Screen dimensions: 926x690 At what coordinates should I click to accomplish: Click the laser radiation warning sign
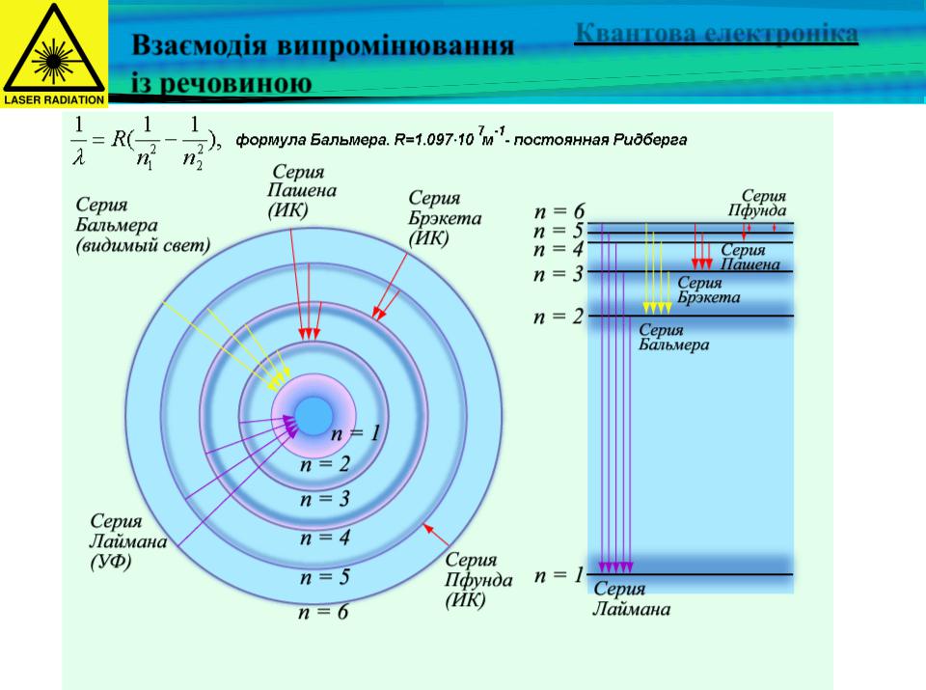coord(54,54)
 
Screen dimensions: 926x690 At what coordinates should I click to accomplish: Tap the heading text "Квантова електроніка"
coord(717,33)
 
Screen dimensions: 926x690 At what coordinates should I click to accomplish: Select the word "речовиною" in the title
coord(235,83)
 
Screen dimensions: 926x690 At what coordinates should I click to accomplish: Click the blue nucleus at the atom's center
coord(313,416)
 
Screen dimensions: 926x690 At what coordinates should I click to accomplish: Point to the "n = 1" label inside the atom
coord(355,433)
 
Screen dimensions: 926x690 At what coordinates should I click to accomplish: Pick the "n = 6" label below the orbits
coord(323,612)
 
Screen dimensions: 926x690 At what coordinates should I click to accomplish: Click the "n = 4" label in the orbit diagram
coord(324,538)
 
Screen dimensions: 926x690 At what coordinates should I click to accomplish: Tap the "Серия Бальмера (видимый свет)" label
coord(143,225)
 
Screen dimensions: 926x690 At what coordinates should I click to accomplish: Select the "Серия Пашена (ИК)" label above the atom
coord(302,190)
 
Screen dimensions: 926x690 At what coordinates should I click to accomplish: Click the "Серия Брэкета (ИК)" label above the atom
coord(445,218)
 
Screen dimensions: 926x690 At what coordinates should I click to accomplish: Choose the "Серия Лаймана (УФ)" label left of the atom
coord(128,541)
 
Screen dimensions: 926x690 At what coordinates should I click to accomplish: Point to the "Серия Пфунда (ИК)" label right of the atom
coord(478,580)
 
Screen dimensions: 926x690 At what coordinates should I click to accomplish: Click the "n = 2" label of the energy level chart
coord(558,317)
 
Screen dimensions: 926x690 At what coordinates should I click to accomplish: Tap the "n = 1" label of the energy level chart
coord(558,575)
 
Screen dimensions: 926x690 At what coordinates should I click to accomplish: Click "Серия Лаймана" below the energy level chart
coord(631,598)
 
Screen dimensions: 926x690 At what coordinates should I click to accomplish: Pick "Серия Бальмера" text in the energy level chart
coord(674,338)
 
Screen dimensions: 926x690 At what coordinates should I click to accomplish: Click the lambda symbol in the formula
coord(78,157)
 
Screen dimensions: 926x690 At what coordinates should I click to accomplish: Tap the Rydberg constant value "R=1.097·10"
coord(434,140)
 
